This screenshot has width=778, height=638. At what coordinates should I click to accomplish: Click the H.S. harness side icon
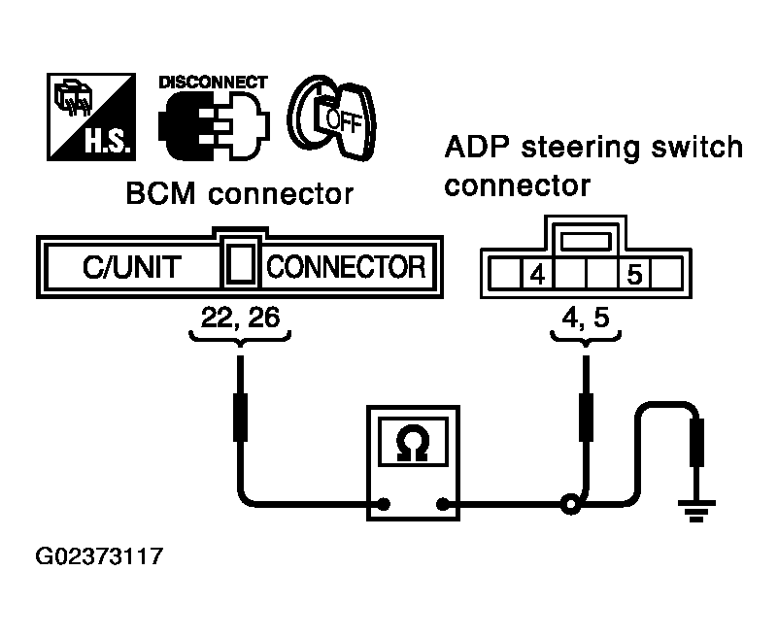click(x=91, y=117)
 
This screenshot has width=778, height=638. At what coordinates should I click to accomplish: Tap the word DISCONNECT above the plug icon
click(x=214, y=83)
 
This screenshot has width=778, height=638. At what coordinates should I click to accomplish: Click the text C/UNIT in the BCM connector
click(x=132, y=267)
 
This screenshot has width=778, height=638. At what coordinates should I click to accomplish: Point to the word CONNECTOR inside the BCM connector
click(x=347, y=267)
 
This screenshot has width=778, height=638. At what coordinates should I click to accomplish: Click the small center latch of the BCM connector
click(x=241, y=264)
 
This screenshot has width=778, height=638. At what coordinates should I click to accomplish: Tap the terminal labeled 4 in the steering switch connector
click(x=537, y=274)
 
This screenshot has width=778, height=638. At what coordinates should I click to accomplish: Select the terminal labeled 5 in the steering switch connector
click(x=634, y=274)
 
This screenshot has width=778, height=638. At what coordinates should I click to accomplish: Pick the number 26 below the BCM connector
click(x=263, y=318)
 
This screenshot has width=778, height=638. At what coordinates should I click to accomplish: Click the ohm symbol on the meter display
click(x=413, y=443)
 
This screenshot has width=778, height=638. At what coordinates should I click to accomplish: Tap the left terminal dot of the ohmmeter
click(x=384, y=505)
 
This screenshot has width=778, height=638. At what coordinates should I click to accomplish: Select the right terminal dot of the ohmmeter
click(x=442, y=505)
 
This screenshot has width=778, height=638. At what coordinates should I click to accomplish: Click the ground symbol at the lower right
click(x=696, y=511)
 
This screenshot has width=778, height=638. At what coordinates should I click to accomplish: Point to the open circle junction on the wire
click(x=570, y=505)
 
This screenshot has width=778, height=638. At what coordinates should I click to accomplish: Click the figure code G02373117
click(x=99, y=556)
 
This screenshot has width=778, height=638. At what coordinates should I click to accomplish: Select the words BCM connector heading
click(x=240, y=193)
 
